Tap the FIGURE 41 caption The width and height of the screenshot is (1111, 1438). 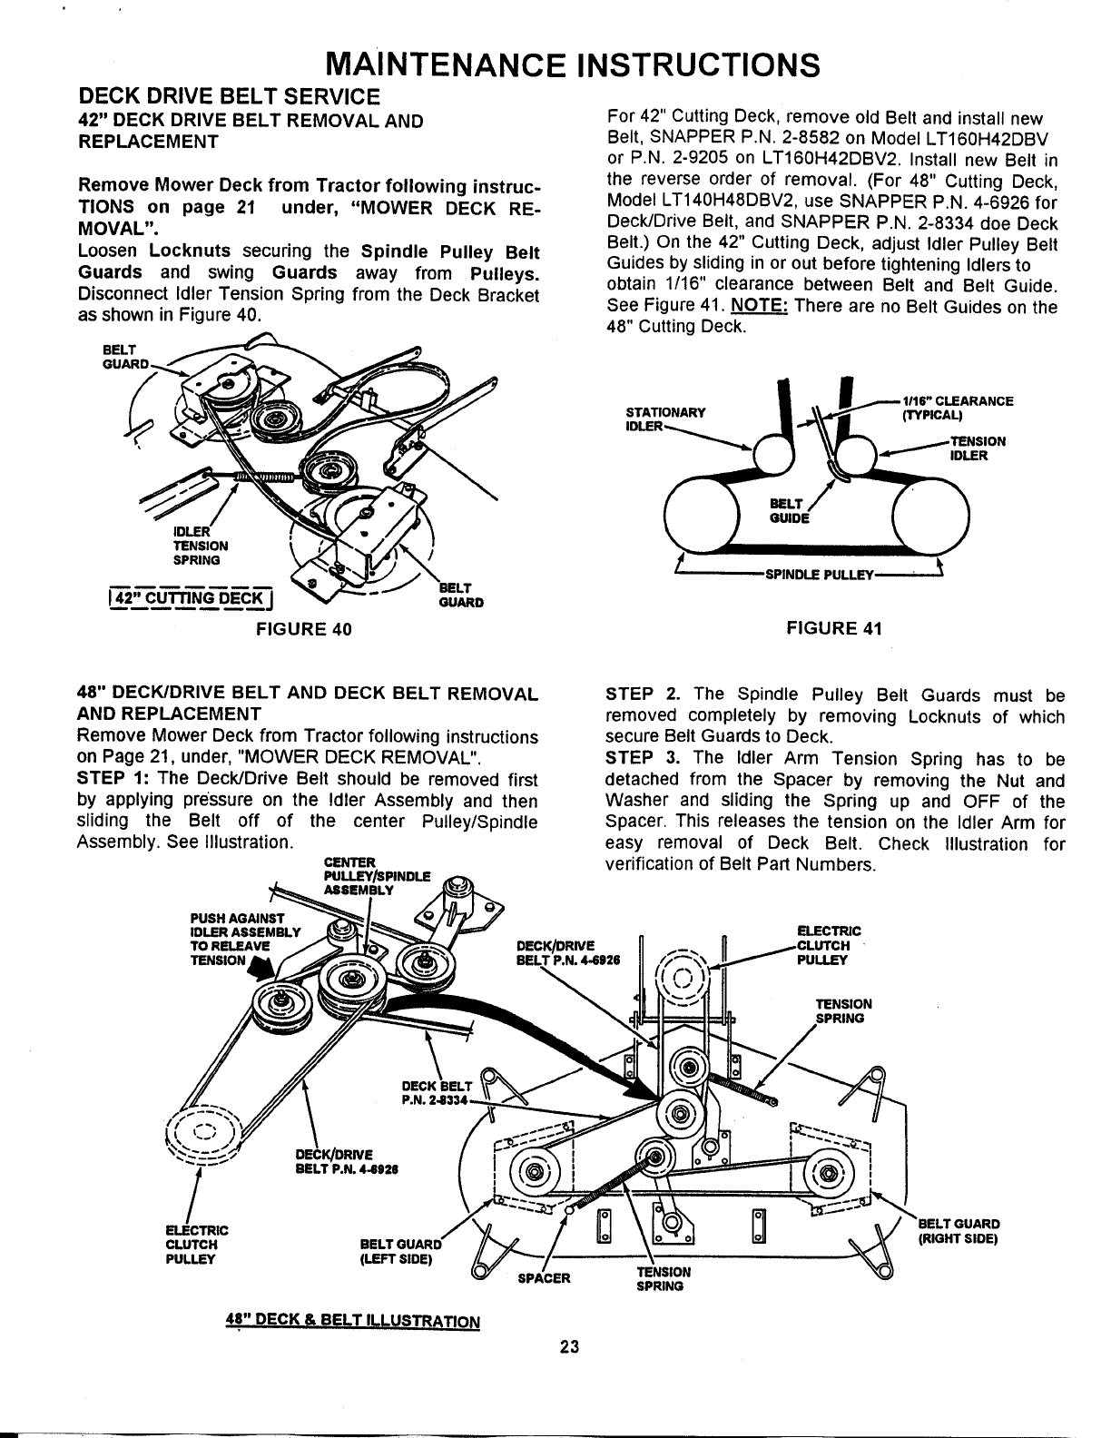[x=833, y=628]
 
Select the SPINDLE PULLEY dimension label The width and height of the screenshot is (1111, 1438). [x=820, y=575]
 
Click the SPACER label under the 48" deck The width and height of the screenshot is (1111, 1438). [x=544, y=1277]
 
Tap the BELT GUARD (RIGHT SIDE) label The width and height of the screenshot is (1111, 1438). [x=959, y=1230]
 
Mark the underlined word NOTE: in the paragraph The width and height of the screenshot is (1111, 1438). [x=759, y=307]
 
